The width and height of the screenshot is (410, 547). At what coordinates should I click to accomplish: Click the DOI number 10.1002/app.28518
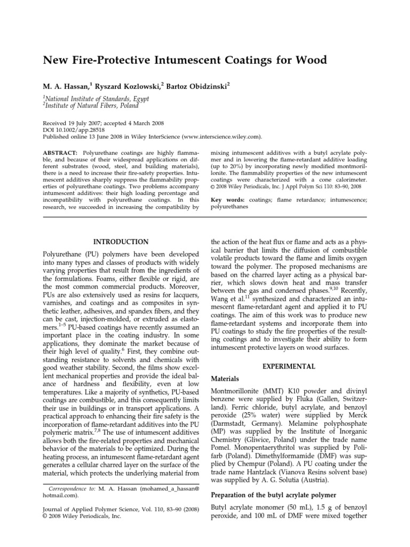click(x=82, y=130)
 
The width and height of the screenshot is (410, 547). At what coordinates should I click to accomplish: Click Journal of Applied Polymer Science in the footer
click(x=87, y=509)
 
